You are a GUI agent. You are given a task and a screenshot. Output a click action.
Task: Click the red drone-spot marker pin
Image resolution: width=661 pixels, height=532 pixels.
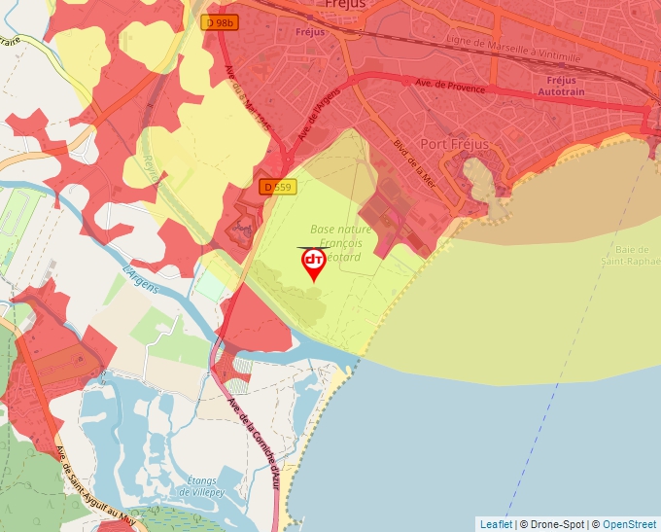[314, 263]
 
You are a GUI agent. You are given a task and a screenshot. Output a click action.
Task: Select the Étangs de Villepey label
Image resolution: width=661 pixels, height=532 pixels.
[205, 485]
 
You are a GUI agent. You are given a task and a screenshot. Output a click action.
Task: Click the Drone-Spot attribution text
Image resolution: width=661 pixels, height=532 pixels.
[554, 524]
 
